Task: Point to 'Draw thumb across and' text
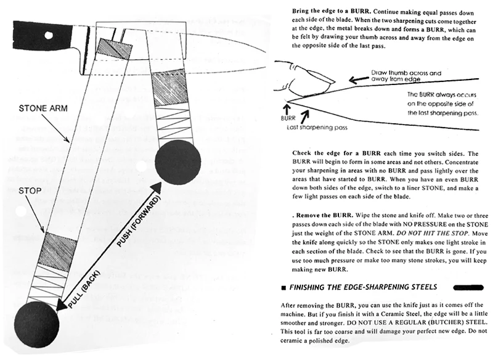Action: coord(405,73)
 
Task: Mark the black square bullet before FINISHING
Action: coord(282,287)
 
